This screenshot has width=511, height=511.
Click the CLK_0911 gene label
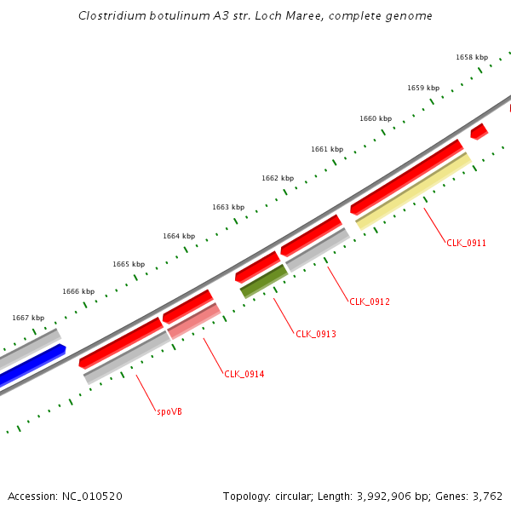coord(466,243)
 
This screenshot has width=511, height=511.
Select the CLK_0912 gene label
coord(369,301)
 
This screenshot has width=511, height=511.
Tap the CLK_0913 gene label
coord(315,334)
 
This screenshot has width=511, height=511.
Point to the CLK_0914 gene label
coord(244,374)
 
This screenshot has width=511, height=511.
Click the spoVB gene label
coord(169,411)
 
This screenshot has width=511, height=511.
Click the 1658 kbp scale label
coord(471,57)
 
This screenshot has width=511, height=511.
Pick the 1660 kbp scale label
coord(375,118)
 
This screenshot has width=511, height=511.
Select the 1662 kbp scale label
coord(277,178)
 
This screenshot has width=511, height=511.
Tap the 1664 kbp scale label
coord(178,236)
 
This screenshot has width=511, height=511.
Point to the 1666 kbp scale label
coord(78,291)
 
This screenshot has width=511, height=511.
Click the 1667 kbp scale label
coord(27,318)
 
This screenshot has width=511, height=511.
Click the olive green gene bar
coord(263,280)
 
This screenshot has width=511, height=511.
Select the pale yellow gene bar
coord(414,191)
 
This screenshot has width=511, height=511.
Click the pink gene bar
coord(194,321)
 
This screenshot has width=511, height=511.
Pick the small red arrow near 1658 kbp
coord(479,131)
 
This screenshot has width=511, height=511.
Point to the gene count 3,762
coord(486,496)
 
